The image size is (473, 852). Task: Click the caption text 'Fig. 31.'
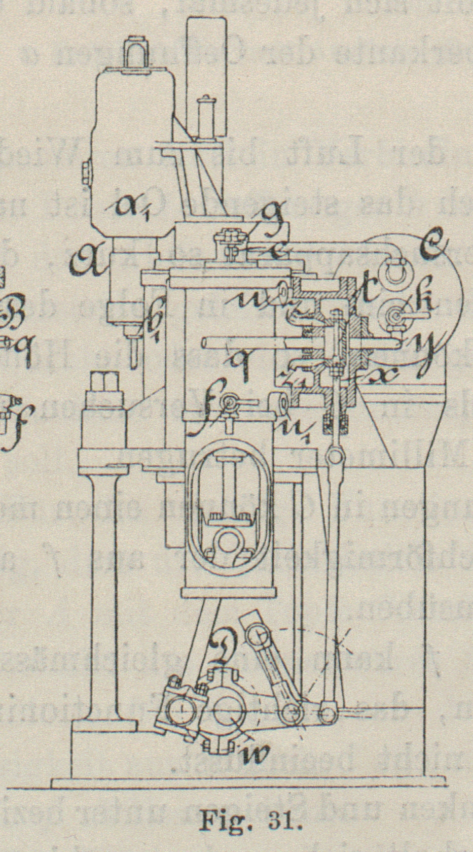click(251, 819)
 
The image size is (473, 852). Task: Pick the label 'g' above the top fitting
click(271, 214)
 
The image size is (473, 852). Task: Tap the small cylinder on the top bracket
click(206, 115)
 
